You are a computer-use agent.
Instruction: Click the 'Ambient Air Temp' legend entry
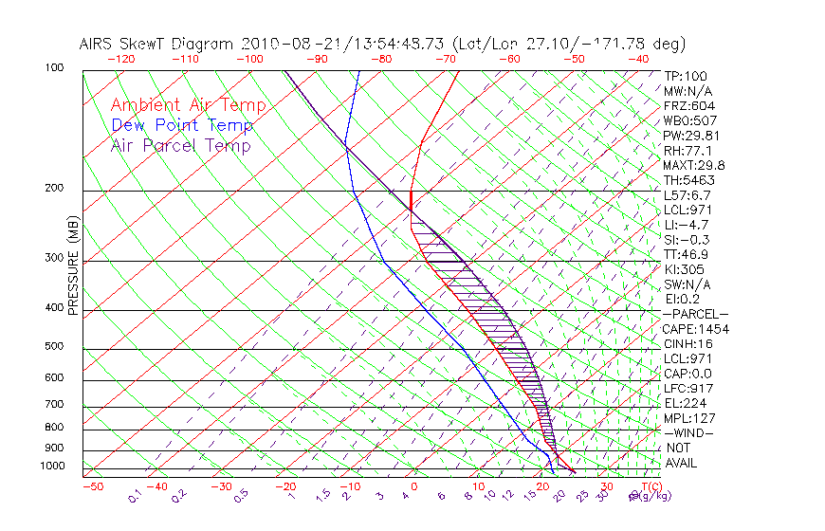point(188,105)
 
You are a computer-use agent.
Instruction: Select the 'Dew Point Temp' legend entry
point(182,125)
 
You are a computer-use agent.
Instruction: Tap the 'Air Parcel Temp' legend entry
point(180,145)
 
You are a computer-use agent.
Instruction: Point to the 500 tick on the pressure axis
point(54,347)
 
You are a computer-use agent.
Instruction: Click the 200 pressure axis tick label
point(54,189)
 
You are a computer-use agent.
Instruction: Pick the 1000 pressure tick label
point(52,467)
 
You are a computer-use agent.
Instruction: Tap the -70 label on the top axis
point(444,58)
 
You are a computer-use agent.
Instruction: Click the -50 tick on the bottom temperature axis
point(92,486)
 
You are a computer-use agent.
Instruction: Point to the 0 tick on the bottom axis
point(414,486)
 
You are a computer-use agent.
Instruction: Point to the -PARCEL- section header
point(695,314)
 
